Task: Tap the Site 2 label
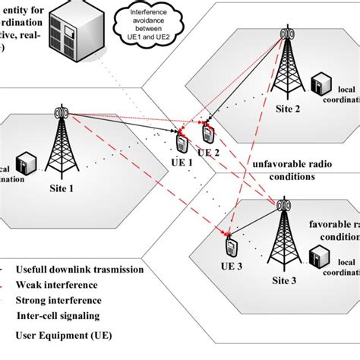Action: [287, 109]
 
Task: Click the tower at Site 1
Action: [61, 144]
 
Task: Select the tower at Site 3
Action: [283, 235]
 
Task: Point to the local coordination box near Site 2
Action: [321, 82]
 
